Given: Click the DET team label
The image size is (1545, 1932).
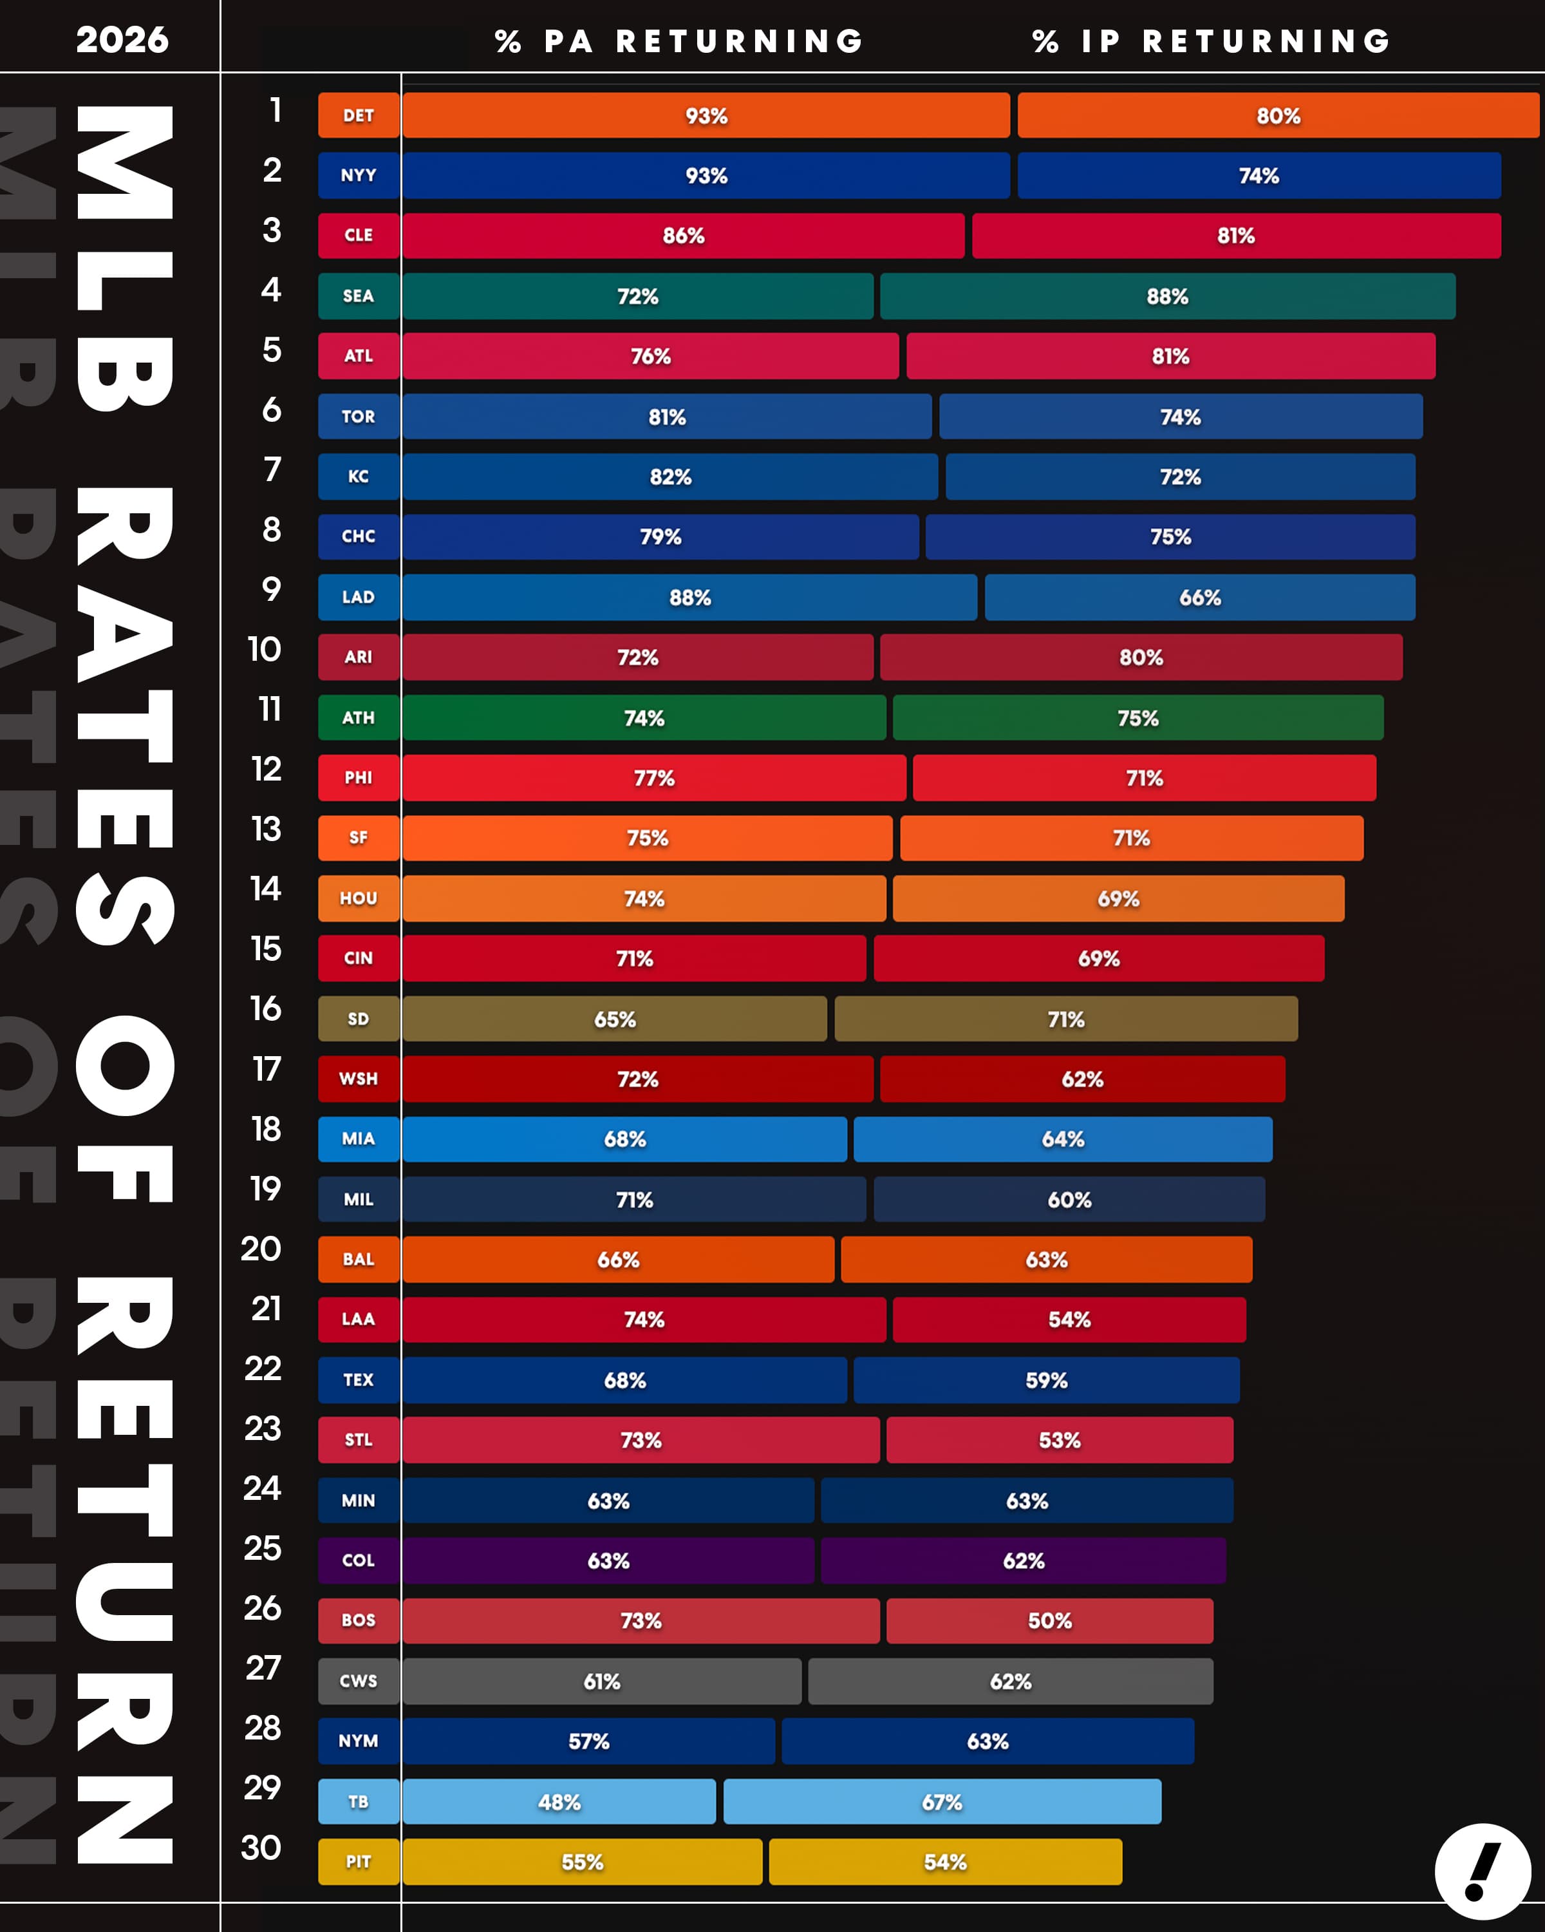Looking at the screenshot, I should point(359,115).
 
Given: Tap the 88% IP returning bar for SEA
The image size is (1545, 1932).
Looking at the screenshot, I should point(1167,296).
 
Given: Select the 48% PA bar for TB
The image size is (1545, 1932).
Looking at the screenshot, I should point(559,1801).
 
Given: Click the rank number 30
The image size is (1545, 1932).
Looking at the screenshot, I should point(261,1847).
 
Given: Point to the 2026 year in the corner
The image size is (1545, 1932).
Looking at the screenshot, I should point(122,39).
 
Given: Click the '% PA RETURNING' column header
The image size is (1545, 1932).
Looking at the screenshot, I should point(679,41).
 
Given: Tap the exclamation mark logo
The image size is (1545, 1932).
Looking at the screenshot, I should point(1483,1870).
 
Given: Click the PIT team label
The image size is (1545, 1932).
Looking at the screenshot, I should point(359,1861).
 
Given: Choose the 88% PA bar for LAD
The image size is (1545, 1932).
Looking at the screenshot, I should point(689,597).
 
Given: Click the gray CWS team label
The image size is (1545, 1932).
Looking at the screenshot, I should point(359,1680).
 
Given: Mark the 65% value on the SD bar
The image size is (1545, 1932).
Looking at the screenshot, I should point(614,1019).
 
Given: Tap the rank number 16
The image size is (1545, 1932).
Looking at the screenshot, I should point(266,1009).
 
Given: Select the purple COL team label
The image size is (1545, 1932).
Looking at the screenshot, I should point(359,1560).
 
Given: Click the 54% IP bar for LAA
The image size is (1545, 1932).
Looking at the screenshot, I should point(1069,1319).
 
